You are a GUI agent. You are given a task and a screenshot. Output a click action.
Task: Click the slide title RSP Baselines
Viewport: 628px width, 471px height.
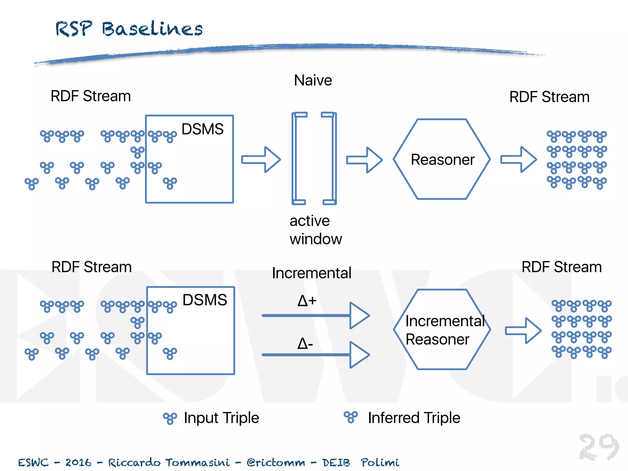pyautogui.click(x=129, y=29)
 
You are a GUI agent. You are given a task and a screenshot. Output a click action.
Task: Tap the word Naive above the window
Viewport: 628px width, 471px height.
pyautogui.click(x=313, y=80)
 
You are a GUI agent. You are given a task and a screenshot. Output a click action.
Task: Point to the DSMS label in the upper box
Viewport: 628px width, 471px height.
pyautogui.click(x=202, y=129)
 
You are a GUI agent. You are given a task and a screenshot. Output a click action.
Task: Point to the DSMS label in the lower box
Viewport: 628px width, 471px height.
pyautogui.click(x=205, y=300)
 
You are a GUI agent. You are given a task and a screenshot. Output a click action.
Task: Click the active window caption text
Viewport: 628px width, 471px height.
pyautogui.click(x=315, y=230)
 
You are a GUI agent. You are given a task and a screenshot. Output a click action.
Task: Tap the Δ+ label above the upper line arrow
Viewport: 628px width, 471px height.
pyautogui.click(x=307, y=301)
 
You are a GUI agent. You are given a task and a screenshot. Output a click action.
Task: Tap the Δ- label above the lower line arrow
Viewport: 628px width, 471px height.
pyautogui.click(x=305, y=343)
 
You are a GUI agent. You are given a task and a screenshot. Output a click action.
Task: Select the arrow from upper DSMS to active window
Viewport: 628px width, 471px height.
pyautogui.click(x=261, y=159)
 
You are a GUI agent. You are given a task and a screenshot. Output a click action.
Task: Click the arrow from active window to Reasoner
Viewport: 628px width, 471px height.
pyautogui.click(x=365, y=160)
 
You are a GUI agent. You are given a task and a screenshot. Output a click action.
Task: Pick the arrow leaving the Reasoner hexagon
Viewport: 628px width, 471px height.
pyautogui.click(x=519, y=159)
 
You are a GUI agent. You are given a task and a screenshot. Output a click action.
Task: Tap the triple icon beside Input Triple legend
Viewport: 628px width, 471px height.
pyautogui.click(x=170, y=418)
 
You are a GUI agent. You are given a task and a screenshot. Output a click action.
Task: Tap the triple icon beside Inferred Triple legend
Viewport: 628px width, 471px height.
pyautogui.click(x=351, y=417)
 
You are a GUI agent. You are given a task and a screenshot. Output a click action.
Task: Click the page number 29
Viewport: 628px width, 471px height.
pyautogui.click(x=599, y=447)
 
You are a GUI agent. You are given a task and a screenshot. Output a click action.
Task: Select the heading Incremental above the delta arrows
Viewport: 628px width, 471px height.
pyautogui.click(x=312, y=273)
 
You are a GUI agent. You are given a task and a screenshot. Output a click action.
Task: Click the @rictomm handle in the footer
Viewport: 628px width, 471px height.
pyautogui.click(x=276, y=462)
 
